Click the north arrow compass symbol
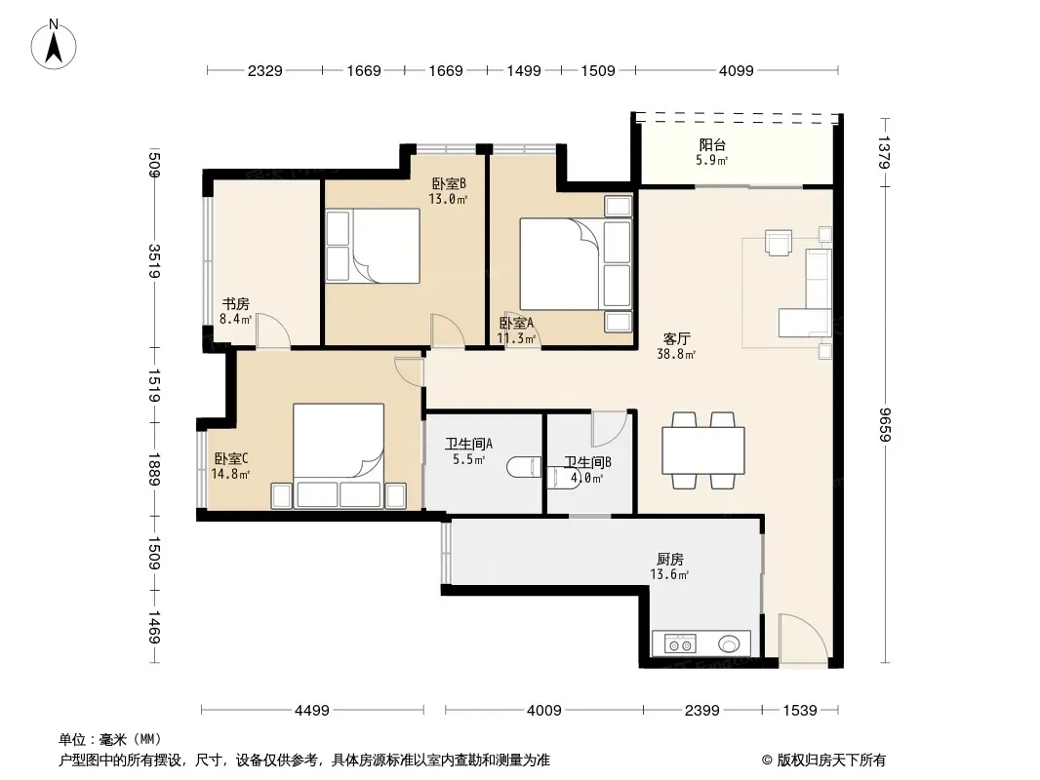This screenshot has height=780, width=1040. click(x=54, y=45)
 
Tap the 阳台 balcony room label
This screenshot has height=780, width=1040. click(x=711, y=144)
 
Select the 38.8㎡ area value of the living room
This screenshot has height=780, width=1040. click(x=676, y=355)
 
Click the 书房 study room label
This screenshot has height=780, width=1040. click(x=235, y=304)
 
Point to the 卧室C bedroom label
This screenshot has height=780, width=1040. click(x=231, y=458)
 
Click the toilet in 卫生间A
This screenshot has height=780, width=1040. click(x=524, y=467)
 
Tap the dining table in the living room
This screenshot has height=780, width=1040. click(x=703, y=450)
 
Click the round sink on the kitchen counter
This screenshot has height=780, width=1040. click(x=729, y=643)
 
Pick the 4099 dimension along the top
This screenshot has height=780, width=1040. click(x=737, y=71)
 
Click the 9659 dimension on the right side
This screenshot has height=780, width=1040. click(x=885, y=424)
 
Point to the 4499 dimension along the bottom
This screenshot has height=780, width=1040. click(x=312, y=711)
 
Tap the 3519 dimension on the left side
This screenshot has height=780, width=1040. click(x=154, y=261)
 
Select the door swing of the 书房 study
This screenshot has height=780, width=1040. click(x=273, y=330)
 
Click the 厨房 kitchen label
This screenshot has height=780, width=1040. click(x=670, y=560)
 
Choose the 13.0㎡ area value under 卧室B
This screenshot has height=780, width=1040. click(x=448, y=199)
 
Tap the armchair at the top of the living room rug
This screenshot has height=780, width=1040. click(x=779, y=242)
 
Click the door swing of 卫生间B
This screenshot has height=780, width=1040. click(x=609, y=429)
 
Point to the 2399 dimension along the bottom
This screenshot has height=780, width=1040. click(x=701, y=711)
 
